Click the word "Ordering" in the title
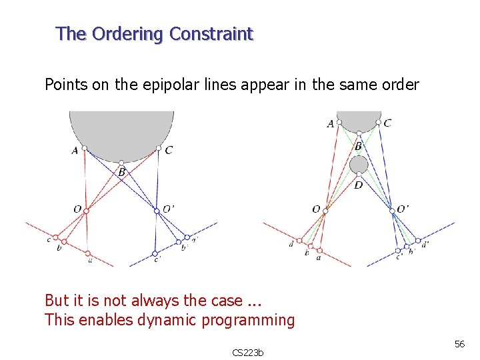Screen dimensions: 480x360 (x=127, y=34)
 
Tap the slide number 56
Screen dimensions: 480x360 (x=459, y=343)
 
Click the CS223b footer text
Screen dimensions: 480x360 (x=247, y=352)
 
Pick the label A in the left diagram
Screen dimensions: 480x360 (x=75, y=151)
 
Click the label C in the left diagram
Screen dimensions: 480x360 (x=168, y=151)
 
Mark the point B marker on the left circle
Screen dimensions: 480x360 (x=121, y=163)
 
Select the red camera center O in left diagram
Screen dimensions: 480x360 (x=86, y=211)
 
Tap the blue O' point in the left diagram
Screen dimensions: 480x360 (x=157, y=210)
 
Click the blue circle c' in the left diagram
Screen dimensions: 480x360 (x=155, y=253)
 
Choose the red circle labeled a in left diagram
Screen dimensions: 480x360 (x=89, y=253)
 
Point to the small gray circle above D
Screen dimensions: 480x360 (x=359, y=164)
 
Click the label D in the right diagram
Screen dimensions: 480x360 (x=358, y=185)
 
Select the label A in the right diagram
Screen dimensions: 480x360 (x=331, y=123)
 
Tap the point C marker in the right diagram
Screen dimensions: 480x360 (x=378, y=123)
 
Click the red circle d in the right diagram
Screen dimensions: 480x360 (x=300, y=240)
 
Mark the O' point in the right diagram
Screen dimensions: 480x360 (x=393, y=210)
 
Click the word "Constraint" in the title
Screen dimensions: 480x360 (x=212, y=34)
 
